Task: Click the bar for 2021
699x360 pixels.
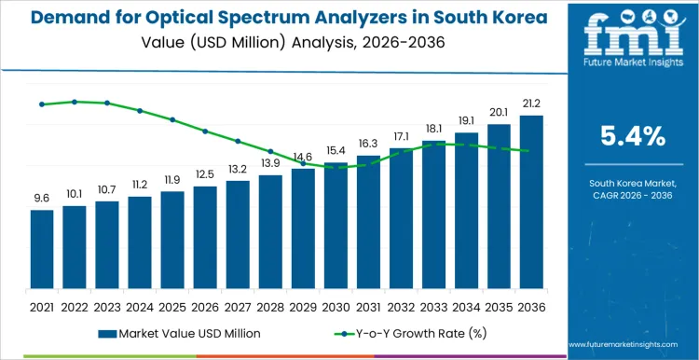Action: click(x=41, y=250)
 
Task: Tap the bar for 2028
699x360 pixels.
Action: click(x=270, y=232)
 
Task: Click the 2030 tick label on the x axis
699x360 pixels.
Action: click(x=336, y=306)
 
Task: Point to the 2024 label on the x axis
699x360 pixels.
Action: click(x=139, y=306)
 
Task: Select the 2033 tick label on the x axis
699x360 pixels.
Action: click(x=433, y=306)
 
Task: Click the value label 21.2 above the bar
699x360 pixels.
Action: click(x=531, y=104)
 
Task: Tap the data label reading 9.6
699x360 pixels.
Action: click(x=41, y=198)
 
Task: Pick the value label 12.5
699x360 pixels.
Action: click(x=205, y=174)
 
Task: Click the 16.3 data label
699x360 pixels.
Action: click(x=368, y=144)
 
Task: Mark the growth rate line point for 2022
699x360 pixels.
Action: click(x=75, y=102)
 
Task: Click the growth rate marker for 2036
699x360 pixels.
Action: click(x=531, y=151)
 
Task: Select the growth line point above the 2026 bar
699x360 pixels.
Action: click(x=205, y=132)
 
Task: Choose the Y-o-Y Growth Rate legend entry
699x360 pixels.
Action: click(x=405, y=333)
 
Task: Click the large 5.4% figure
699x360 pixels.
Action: click(x=633, y=136)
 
